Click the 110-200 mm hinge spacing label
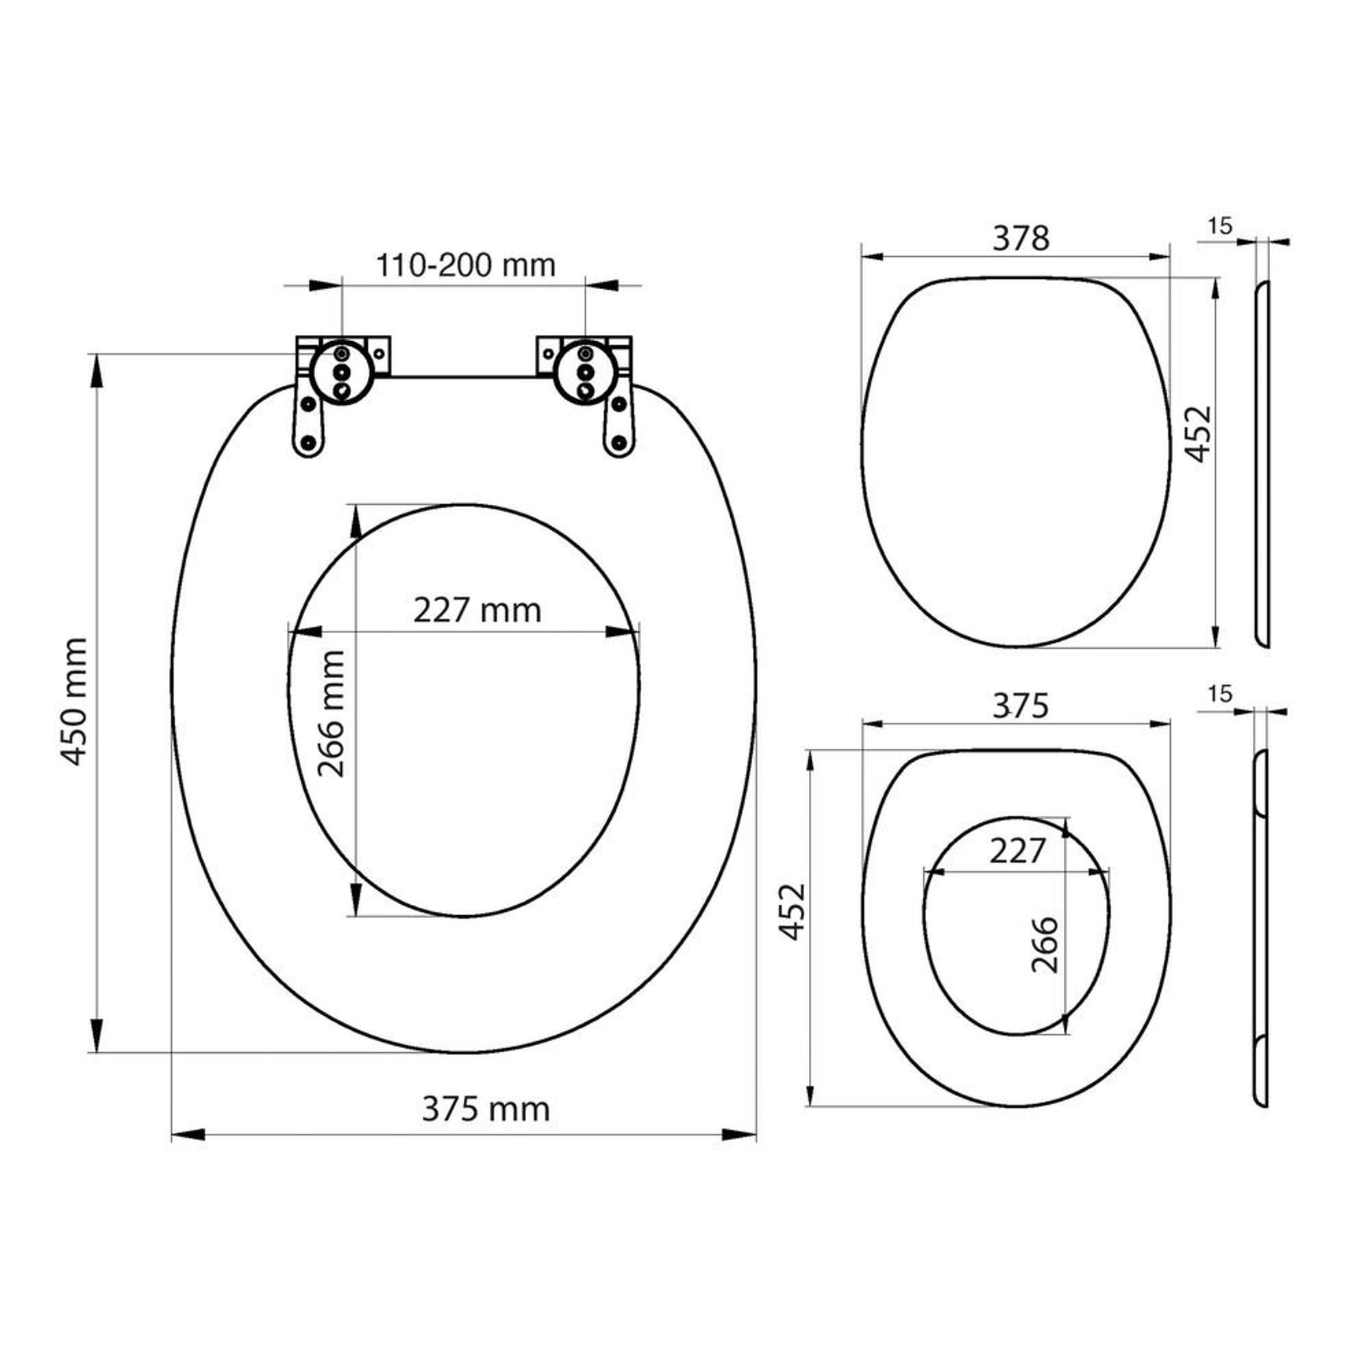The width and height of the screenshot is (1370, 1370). [x=465, y=265]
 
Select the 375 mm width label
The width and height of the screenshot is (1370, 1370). [x=486, y=1109]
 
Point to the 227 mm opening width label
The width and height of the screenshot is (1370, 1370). [x=477, y=610]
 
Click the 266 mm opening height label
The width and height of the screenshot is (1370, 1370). [x=331, y=714]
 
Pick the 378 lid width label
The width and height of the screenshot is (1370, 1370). [x=1021, y=238]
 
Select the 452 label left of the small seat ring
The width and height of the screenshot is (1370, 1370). [x=792, y=912]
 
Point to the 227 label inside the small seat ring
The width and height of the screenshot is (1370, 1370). [x=1018, y=851]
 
